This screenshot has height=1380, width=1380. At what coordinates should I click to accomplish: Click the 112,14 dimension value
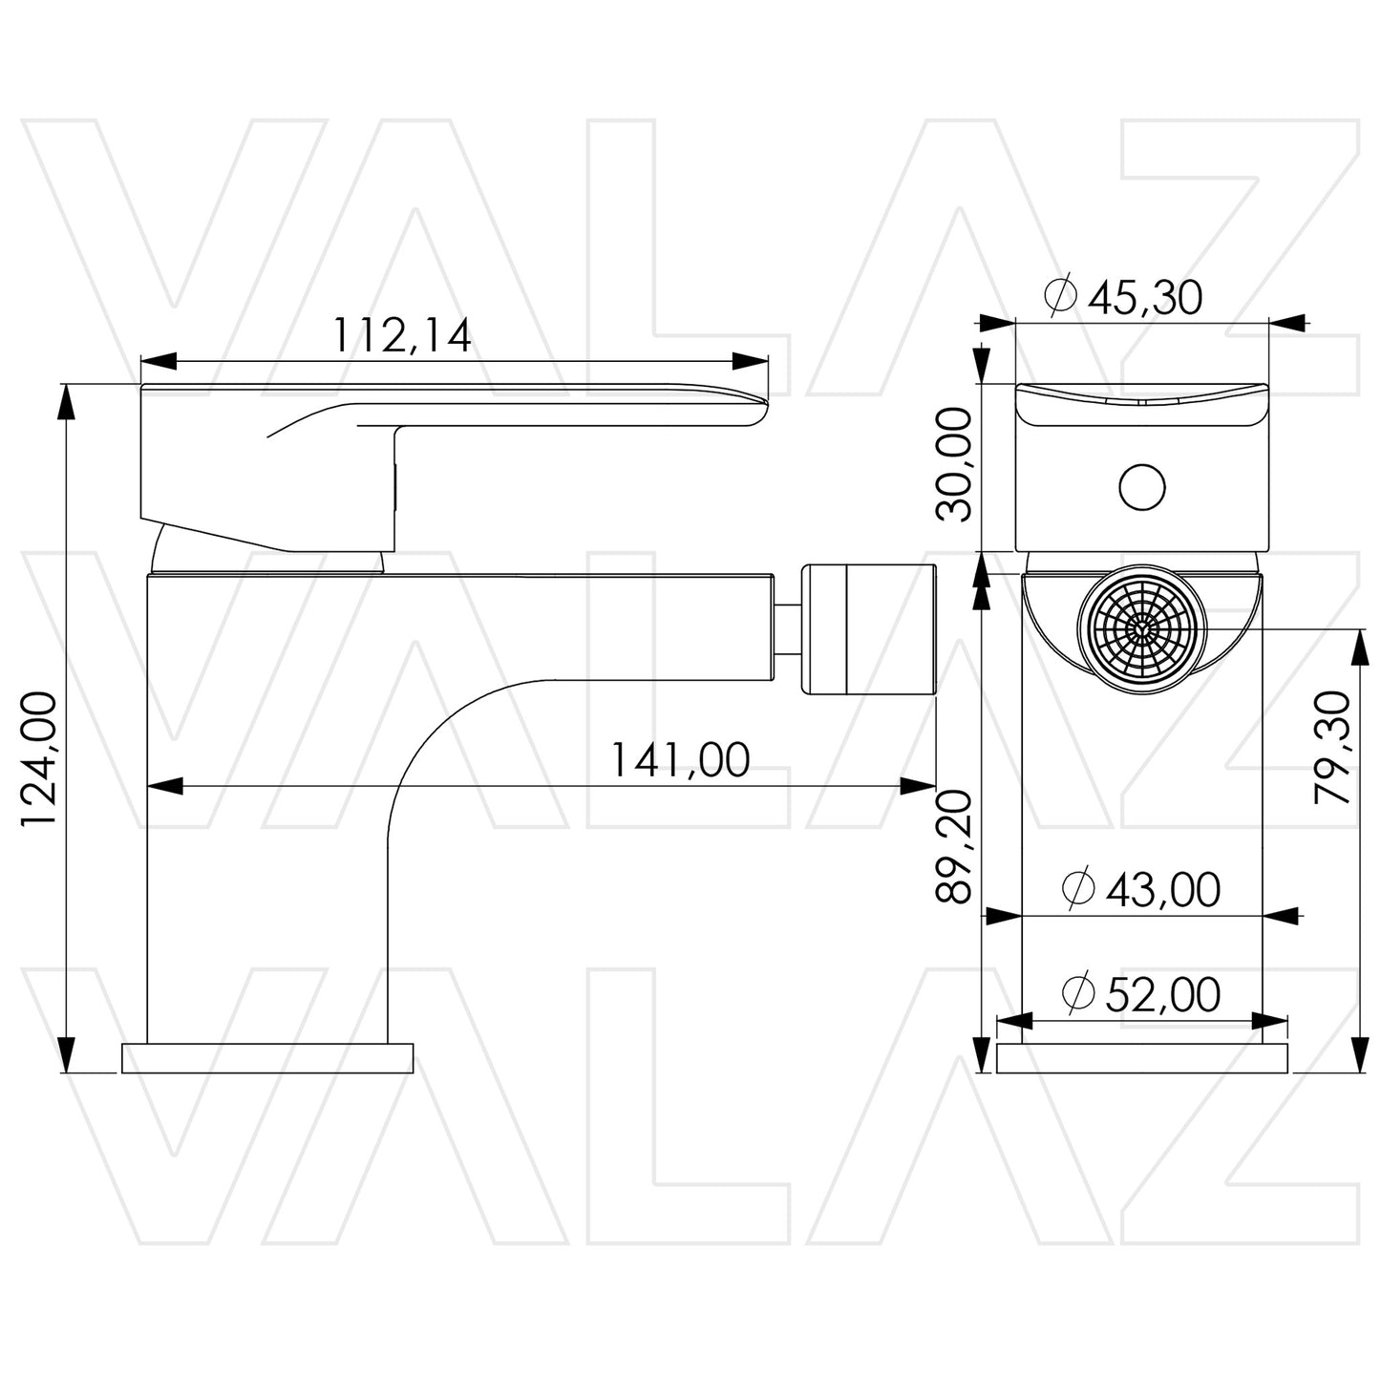tap(401, 335)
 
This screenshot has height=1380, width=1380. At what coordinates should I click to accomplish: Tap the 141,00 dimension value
tap(680, 760)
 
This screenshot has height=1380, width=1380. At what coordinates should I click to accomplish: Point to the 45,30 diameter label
tap(1145, 298)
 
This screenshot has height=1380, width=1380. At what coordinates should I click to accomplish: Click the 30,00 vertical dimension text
tap(953, 464)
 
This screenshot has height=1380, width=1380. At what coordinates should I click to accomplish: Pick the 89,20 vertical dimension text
tap(953, 846)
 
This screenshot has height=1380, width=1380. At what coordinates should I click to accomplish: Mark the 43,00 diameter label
tap(1162, 890)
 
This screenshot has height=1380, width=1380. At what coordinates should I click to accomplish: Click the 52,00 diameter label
tap(1162, 995)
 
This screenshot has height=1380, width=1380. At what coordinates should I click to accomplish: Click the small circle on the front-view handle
tap(1142, 486)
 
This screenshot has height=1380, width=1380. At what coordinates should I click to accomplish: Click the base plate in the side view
tap(267, 1058)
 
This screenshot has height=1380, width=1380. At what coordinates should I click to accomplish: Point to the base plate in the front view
tap(1141, 1058)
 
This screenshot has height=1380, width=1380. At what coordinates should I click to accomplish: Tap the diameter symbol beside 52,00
tap(1077, 995)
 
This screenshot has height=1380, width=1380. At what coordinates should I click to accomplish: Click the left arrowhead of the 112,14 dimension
tap(159, 361)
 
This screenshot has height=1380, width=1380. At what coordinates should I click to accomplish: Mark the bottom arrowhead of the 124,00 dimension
tap(66, 1055)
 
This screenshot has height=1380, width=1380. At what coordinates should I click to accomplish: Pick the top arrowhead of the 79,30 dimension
tap(1356, 647)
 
